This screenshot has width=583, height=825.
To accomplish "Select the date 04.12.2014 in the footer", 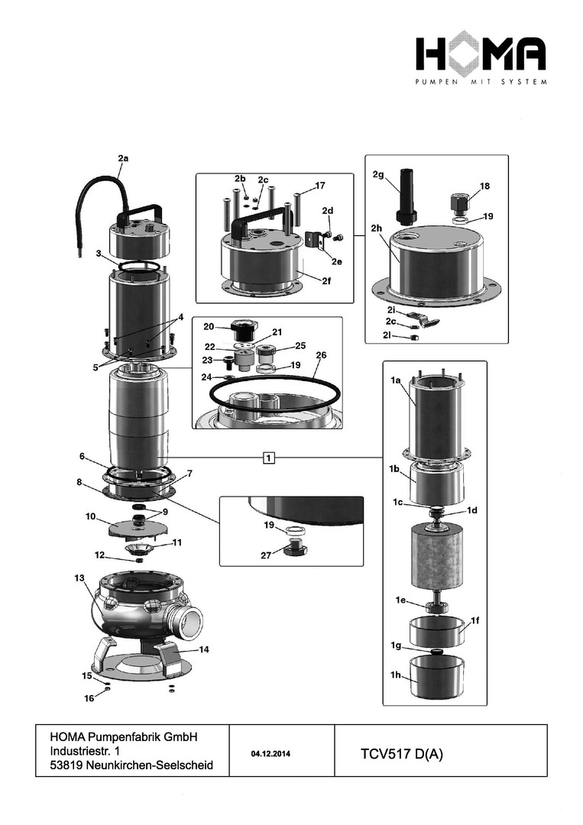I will click(270, 754).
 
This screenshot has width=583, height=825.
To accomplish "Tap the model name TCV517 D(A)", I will click(401, 754).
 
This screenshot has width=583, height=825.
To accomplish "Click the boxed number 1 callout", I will click(269, 458).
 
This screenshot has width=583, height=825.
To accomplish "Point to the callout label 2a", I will click(123, 158).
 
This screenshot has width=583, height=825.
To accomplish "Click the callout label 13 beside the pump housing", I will click(79, 578).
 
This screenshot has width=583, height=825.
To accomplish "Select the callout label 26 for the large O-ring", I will click(320, 354).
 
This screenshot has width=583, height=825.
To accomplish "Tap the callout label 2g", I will click(377, 175).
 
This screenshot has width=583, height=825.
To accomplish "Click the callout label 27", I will click(265, 555).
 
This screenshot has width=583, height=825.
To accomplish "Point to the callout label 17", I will click(319, 185).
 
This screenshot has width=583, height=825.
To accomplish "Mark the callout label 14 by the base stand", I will click(204, 649).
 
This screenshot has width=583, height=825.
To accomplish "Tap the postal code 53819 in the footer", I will click(66, 765).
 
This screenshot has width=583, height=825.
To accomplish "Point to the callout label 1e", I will click(400, 600).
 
